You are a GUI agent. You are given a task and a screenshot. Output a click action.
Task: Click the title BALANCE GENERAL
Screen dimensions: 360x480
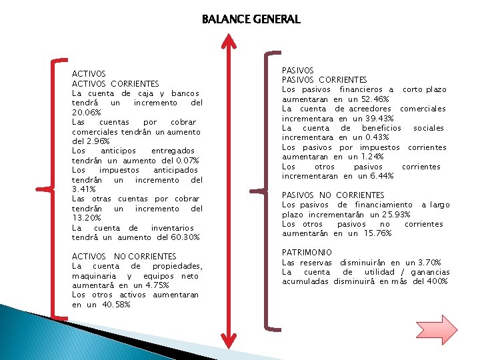(x=251, y=19)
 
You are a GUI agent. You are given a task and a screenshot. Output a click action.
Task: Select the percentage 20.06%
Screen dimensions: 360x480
(x=86, y=113)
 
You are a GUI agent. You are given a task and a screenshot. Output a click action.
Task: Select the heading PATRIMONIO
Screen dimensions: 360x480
(x=307, y=253)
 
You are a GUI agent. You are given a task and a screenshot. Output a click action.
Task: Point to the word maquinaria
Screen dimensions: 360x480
(x=92, y=276)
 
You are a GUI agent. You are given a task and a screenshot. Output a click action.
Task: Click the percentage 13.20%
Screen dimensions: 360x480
(x=86, y=218)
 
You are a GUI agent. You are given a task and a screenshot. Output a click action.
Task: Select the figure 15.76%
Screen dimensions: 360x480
(x=378, y=234)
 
